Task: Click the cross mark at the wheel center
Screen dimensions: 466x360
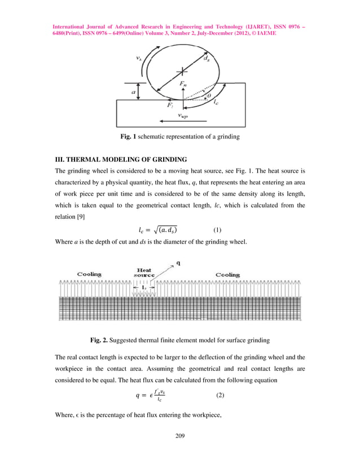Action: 181,72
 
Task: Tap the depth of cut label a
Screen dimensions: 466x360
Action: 133,90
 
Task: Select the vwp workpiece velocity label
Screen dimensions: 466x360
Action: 182,115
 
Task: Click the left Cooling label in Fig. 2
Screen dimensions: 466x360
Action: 89,274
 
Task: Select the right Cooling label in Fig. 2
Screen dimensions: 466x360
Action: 227,274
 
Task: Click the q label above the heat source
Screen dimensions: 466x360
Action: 179,262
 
